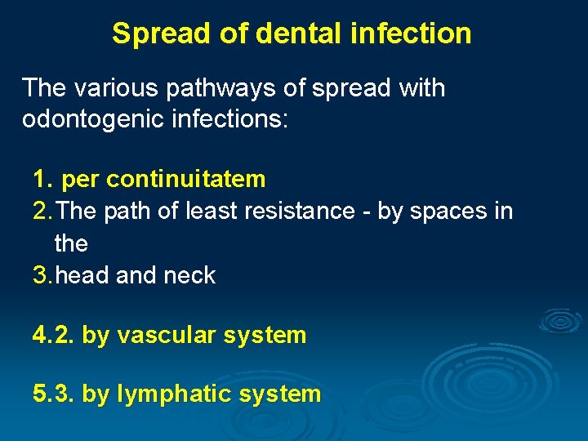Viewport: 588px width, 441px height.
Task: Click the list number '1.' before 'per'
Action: coord(42,179)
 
